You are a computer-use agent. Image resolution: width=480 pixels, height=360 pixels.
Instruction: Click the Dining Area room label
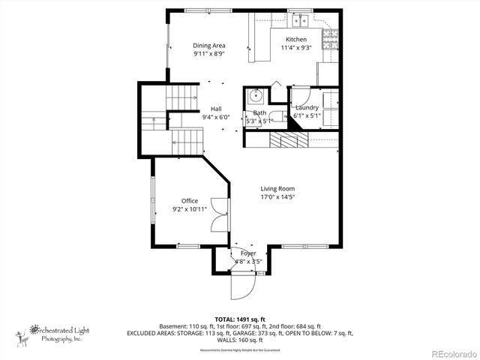coord(209,46)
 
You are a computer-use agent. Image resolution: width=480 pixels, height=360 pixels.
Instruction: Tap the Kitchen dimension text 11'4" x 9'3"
coord(295,48)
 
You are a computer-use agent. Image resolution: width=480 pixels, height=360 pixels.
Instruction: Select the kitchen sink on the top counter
coord(301,19)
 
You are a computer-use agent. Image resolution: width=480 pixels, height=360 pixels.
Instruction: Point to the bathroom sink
coord(255,96)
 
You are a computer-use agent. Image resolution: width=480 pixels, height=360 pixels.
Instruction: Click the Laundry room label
coord(307,108)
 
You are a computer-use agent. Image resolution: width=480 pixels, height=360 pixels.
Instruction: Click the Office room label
coord(189,201)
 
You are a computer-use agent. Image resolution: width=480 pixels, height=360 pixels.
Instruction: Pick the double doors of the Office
coord(217,214)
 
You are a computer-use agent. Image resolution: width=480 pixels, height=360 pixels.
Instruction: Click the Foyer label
coord(248,254)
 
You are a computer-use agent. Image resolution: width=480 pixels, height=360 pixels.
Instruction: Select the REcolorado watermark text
coord(447,352)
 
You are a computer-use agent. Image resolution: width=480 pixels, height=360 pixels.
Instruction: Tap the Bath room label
coord(259,112)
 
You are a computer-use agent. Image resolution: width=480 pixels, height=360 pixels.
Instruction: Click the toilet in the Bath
coord(276,116)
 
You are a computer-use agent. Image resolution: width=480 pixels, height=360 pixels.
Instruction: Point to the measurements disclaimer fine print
coord(240,350)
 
